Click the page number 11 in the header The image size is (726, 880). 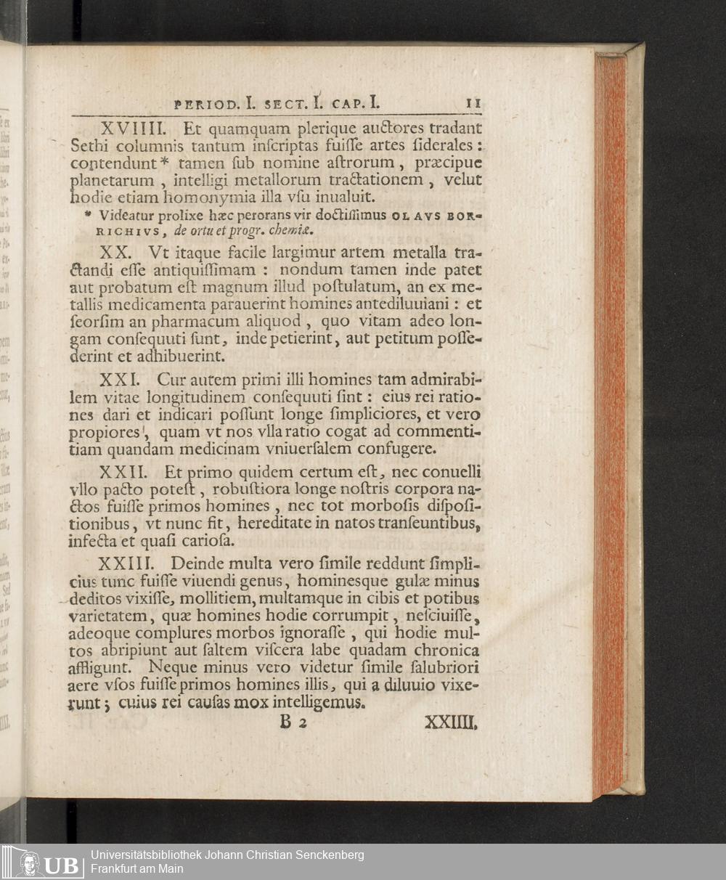(473, 103)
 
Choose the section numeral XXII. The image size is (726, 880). (127, 472)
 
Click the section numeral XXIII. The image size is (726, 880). (132, 564)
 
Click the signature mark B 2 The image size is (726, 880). (295, 723)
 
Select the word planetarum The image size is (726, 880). (113, 180)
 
